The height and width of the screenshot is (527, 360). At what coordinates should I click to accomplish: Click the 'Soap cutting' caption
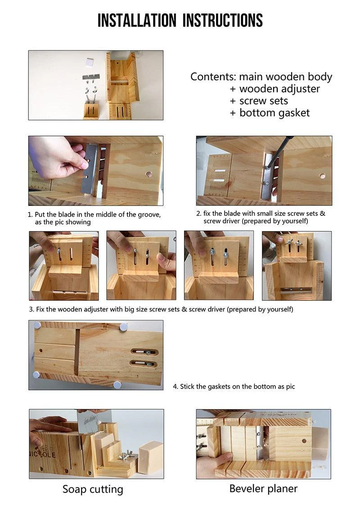93,489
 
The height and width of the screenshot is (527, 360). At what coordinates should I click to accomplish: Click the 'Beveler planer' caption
263,488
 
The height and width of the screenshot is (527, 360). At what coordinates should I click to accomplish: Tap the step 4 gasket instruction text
234,386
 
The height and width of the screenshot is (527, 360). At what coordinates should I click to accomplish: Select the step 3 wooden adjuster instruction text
161,309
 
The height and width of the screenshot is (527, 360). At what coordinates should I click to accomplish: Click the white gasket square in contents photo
89,62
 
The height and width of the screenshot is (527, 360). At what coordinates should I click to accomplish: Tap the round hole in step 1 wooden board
148,174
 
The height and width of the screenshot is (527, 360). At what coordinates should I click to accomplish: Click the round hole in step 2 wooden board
322,176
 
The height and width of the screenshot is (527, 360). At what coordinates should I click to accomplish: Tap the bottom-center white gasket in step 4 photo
117,384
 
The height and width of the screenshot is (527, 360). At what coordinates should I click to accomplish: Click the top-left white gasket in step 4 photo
37,325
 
